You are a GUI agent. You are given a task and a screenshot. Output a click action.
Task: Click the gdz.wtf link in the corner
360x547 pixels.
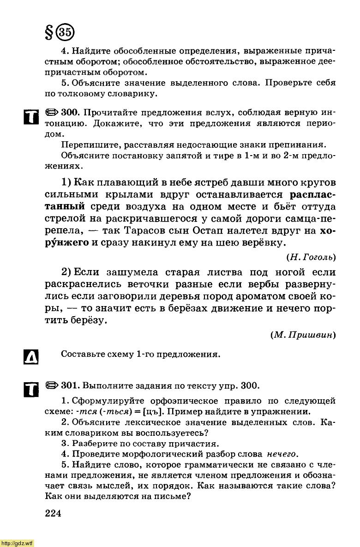(17, 543)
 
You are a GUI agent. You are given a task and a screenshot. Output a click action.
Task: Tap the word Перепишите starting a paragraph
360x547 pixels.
(88, 145)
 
